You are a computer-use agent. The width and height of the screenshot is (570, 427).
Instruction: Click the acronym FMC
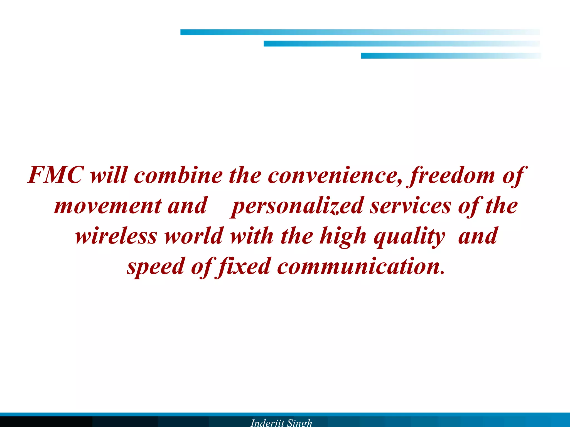56,175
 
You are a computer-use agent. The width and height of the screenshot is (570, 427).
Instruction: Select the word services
410,206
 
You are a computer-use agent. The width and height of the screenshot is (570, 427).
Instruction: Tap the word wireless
116,236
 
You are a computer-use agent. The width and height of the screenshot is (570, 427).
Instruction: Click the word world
194,236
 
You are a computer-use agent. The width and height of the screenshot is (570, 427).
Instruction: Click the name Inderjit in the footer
267,423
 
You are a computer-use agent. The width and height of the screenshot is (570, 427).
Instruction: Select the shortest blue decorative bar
451,56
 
